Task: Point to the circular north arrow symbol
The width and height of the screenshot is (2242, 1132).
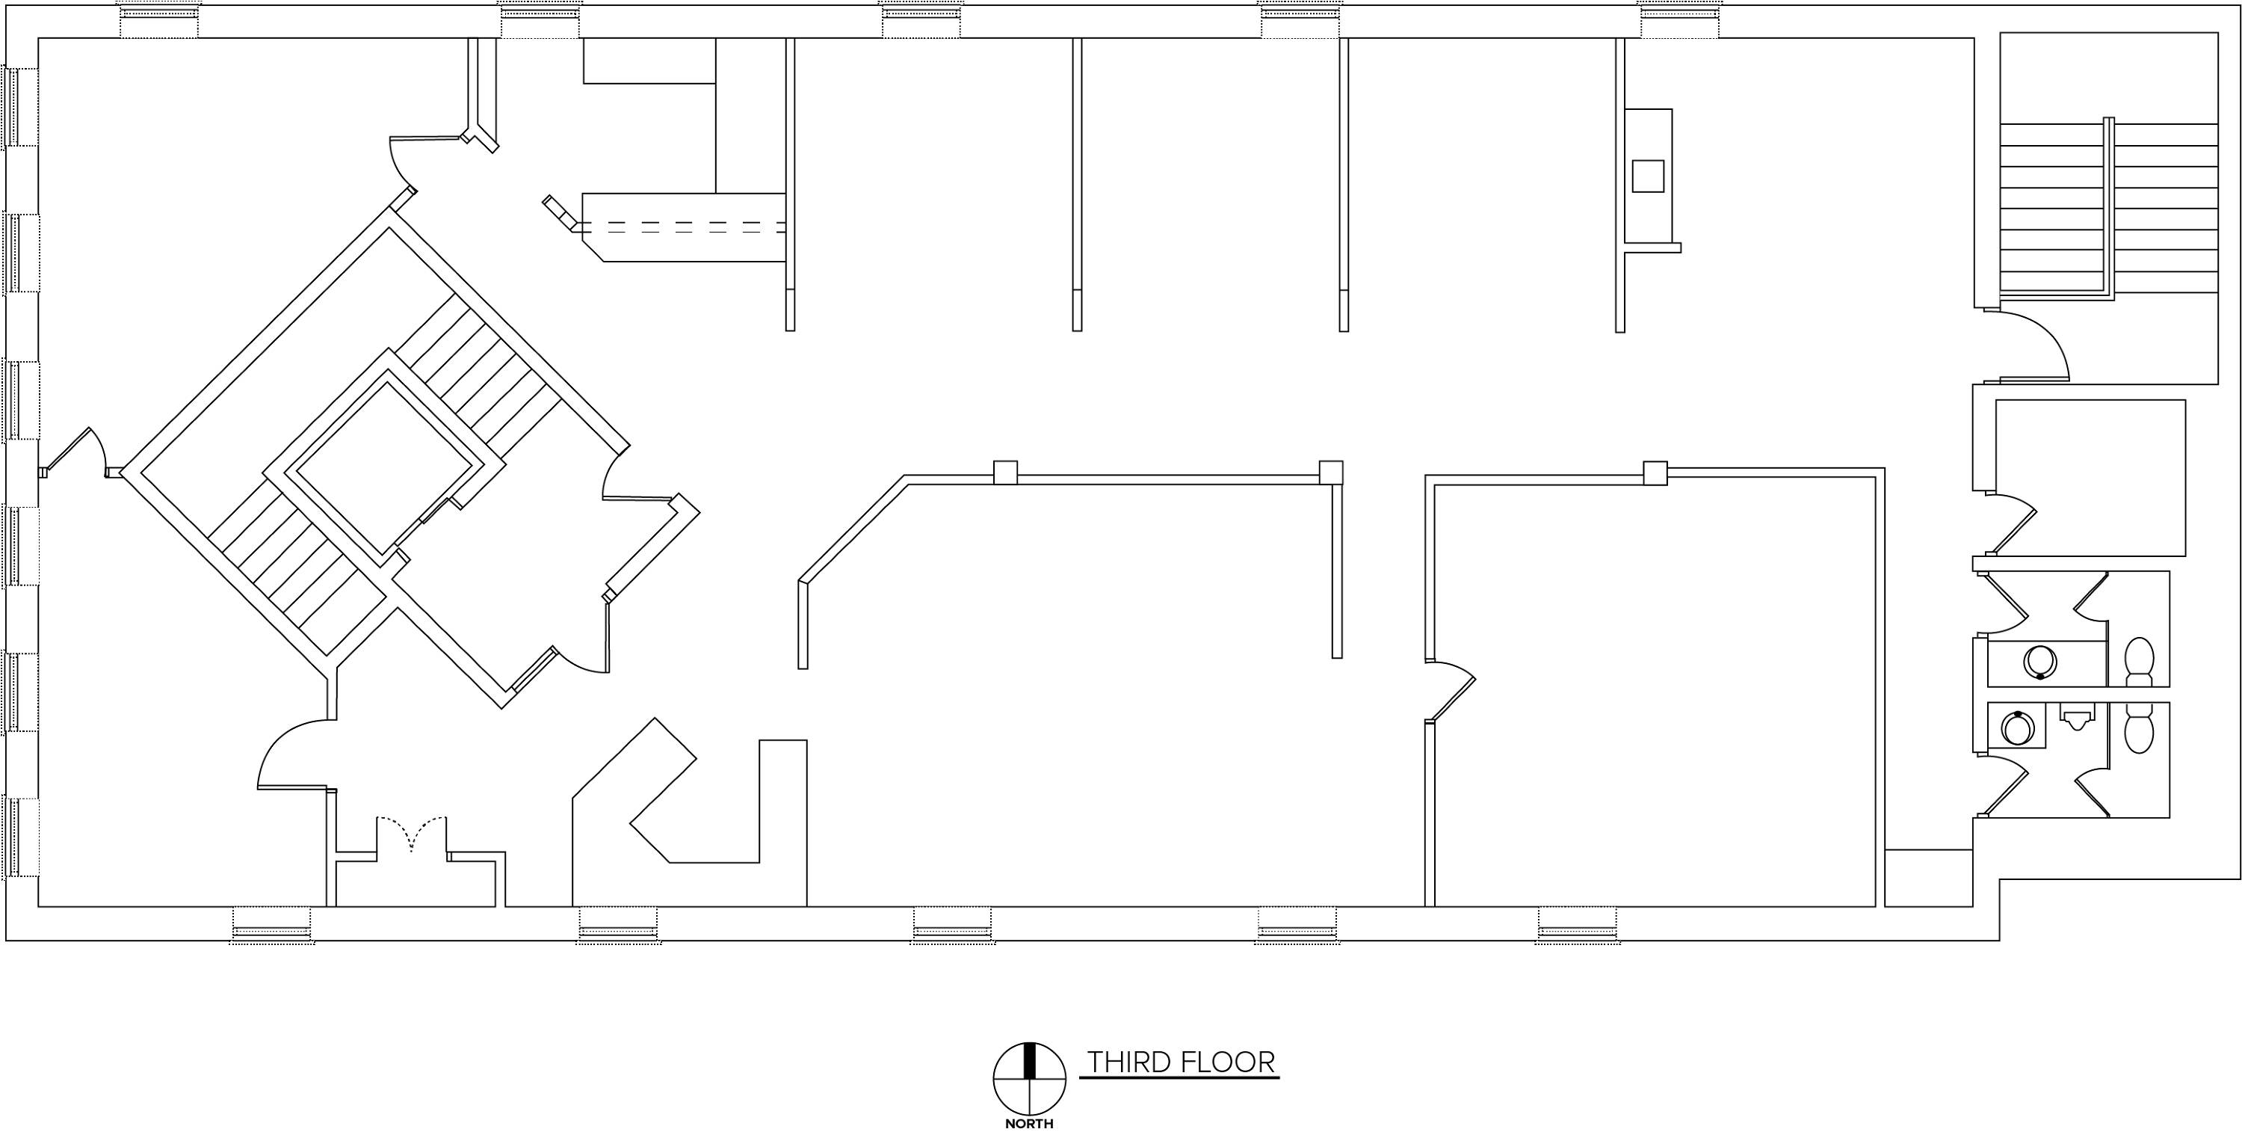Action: [1029, 1079]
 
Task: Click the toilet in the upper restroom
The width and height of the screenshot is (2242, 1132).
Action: [2140, 662]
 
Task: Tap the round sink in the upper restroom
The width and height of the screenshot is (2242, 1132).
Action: [2040, 662]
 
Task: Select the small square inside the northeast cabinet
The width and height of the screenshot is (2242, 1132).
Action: [1648, 176]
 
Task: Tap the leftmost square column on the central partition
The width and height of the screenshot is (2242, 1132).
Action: [1005, 472]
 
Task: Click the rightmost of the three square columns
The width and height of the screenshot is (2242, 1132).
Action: [1655, 473]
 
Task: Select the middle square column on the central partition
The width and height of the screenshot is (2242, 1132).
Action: [1331, 472]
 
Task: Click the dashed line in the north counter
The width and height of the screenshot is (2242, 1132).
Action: [684, 228]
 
